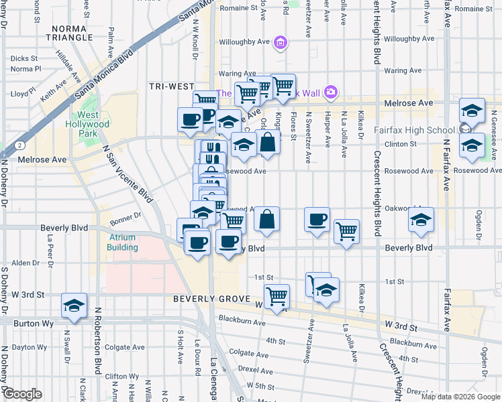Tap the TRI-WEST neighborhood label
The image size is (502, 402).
pos(172,87)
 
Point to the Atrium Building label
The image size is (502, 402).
pos(122,242)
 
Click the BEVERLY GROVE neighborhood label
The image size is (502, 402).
pos(210,299)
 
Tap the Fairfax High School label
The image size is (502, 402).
pos(418,130)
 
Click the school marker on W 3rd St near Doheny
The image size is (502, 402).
pos(74,305)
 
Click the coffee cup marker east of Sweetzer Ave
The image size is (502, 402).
pos(317,219)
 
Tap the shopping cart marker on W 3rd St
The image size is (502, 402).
pos(277,295)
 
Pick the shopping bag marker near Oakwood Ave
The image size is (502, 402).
pos(267,218)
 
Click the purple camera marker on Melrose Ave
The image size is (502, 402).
pos(330,92)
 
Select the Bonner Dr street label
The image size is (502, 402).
pos(126,216)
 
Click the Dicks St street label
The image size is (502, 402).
pos(24,58)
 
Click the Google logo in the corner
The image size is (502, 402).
pos(23,394)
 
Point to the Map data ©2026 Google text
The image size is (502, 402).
pos(461,397)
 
